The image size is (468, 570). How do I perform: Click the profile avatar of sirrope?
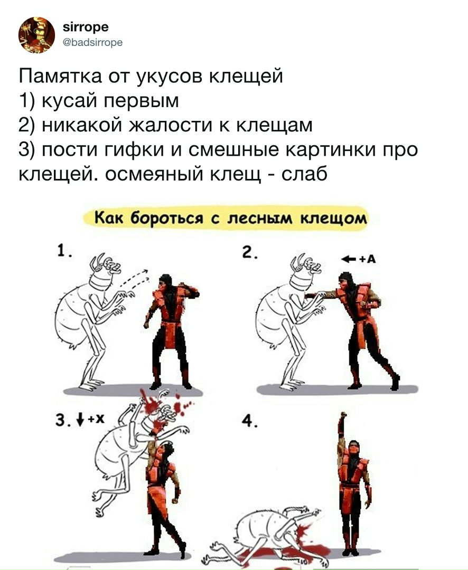(36, 35)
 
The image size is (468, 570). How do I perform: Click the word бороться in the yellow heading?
(157, 218)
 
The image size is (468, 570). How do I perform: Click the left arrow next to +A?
(348, 259)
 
